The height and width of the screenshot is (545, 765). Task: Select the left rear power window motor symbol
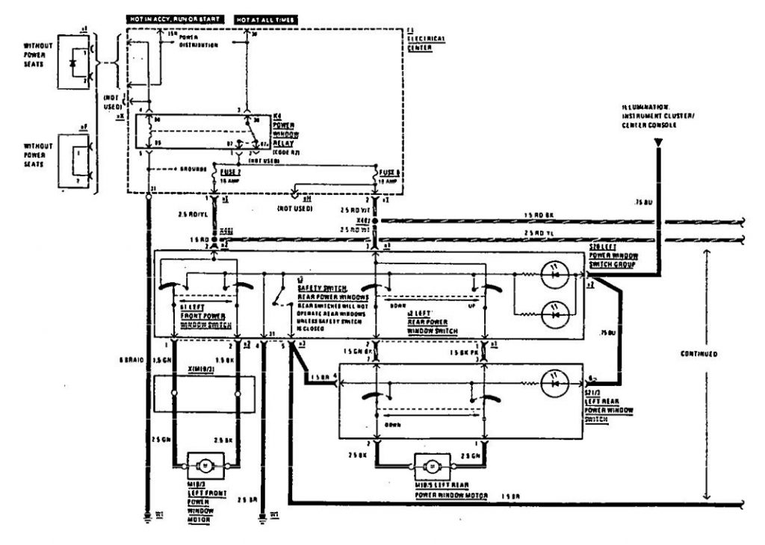[x=432, y=466]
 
